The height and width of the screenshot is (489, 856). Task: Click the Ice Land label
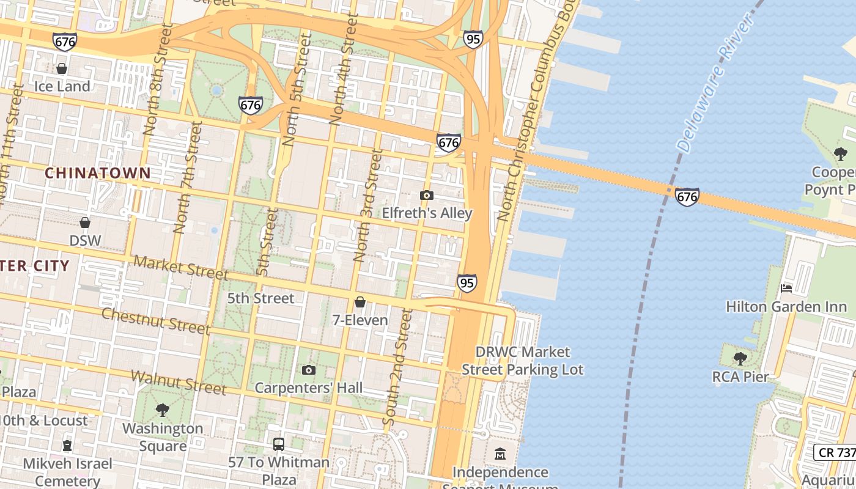tap(62, 86)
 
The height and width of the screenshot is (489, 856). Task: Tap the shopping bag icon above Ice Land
tap(62, 68)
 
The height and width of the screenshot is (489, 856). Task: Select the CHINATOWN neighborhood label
tap(97, 173)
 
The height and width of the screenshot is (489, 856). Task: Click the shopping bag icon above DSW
tap(85, 222)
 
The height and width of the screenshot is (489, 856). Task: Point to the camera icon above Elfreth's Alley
tap(427, 196)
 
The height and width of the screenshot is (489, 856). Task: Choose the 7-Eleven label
tap(360, 320)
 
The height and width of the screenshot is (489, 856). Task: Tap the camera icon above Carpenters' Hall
tap(309, 370)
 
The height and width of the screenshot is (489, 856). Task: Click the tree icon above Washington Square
tap(162, 410)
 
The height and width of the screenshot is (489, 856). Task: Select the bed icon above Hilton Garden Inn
tap(786, 288)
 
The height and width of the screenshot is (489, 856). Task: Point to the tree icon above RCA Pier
tap(740, 358)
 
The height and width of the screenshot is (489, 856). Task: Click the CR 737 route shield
tap(835, 452)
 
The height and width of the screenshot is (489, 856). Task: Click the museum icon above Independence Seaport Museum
tap(500, 454)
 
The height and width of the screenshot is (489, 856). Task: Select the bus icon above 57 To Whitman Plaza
tap(279, 444)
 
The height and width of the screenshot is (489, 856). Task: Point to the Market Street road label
tap(180, 267)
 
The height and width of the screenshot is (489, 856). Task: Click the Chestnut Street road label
tap(155, 321)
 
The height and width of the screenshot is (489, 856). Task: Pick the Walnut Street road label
tap(178, 382)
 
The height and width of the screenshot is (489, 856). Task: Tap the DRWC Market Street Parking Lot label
tap(523, 361)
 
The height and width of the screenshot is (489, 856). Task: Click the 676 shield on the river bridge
tap(687, 197)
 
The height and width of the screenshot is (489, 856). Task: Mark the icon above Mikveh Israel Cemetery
tap(67, 446)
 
